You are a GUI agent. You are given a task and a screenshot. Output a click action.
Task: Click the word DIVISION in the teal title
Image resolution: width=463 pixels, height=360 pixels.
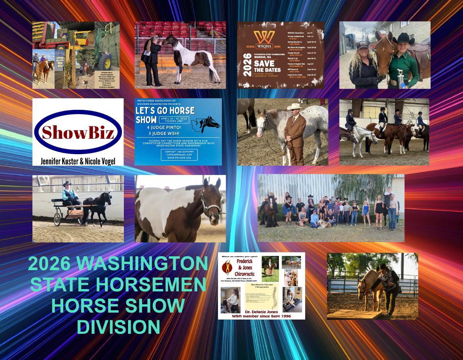[x=119, y=327]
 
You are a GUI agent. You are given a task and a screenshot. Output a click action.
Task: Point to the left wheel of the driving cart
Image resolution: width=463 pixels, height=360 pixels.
[x=58, y=219]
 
